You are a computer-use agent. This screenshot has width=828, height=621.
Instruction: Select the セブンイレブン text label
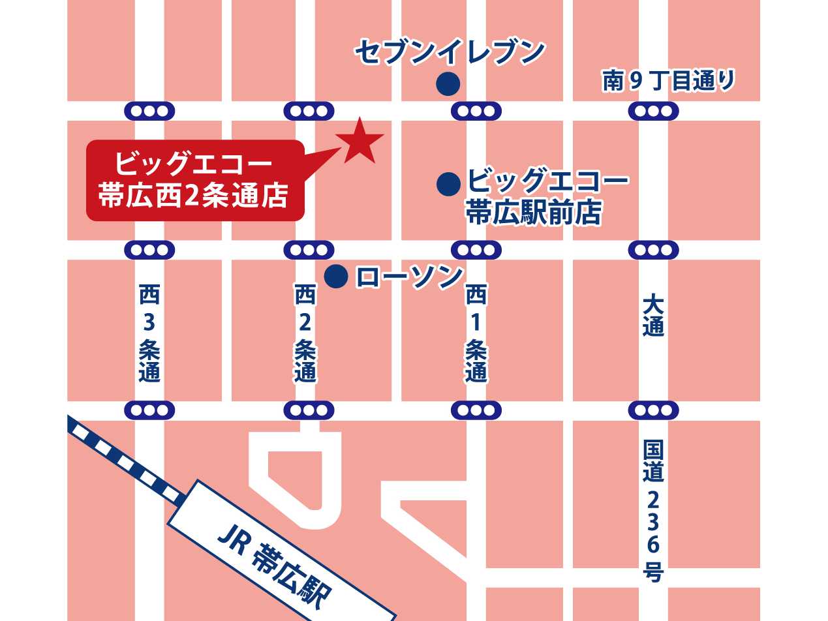click(450, 52)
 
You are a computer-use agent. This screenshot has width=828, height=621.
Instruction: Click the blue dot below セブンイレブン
click(448, 83)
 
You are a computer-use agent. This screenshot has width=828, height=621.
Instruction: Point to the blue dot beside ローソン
click(335, 277)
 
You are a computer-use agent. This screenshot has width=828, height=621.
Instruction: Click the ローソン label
click(409, 277)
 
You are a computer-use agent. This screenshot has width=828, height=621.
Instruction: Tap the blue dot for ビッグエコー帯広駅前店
click(448, 184)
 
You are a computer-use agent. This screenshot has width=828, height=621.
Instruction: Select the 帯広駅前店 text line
click(532, 212)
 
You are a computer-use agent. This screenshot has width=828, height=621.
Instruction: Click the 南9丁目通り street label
click(668, 81)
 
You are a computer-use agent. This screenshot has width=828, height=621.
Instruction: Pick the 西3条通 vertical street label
click(149, 333)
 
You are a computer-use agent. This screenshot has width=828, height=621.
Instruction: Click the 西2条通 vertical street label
click(305, 333)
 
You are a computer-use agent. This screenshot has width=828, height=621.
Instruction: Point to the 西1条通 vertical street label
click(476, 333)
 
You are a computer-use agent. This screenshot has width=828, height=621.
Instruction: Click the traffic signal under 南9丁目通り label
click(653, 111)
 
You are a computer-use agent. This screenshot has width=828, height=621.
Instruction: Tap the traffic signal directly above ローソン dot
click(309, 250)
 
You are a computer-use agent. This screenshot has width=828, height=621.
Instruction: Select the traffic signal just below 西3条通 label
click(149, 410)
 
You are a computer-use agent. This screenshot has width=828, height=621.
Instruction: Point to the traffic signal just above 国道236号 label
click(653, 410)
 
